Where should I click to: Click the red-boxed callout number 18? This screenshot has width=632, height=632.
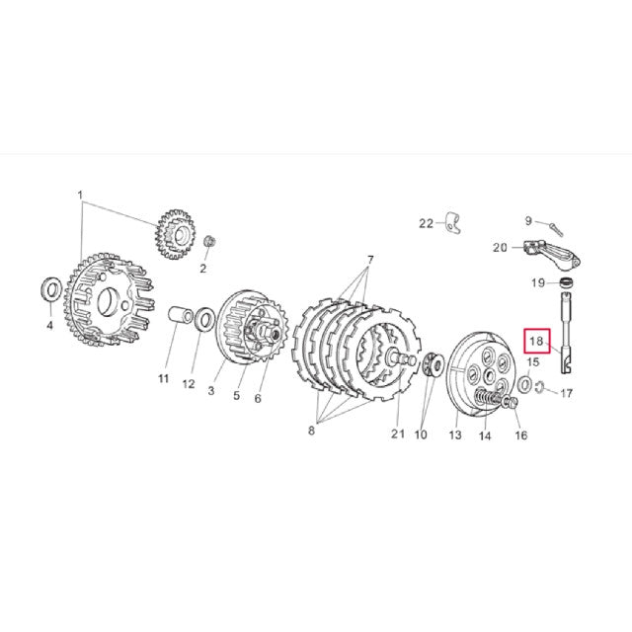[x=536, y=342]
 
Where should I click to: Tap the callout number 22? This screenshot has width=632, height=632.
[x=426, y=223]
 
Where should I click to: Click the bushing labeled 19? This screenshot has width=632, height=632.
[x=567, y=285]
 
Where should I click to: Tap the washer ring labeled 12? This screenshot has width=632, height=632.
[x=204, y=320]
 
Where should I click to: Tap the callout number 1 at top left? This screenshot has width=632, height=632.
[x=81, y=196]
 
